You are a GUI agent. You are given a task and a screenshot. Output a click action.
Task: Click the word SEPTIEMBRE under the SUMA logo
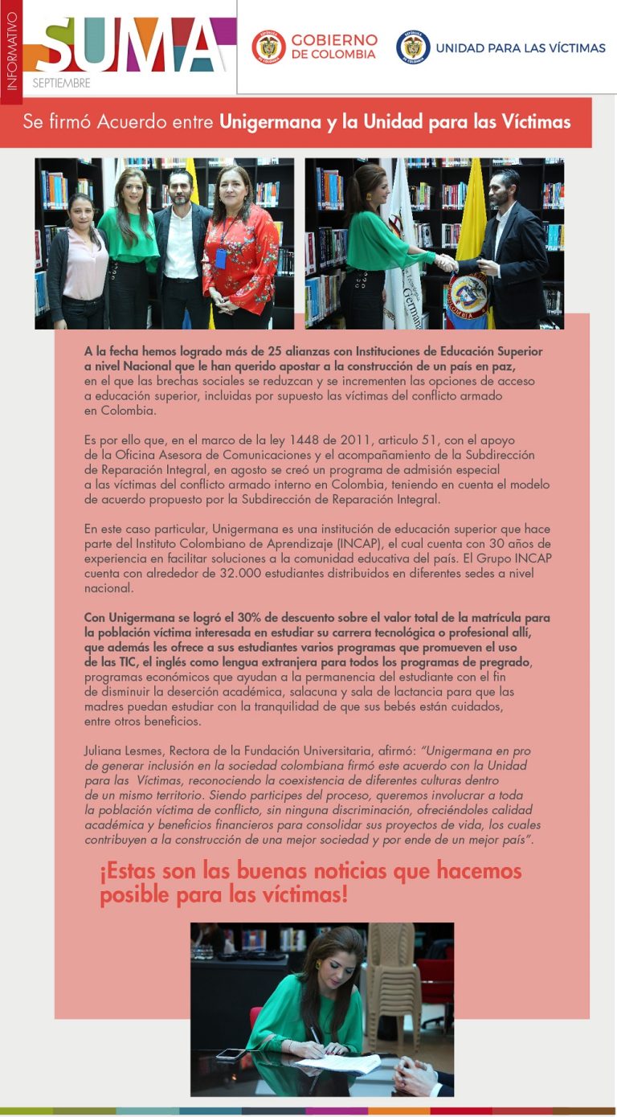[x=62, y=83]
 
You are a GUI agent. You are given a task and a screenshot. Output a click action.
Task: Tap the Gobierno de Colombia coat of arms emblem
[x=268, y=47]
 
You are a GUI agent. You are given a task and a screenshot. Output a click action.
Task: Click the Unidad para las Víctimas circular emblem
[x=413, y=47]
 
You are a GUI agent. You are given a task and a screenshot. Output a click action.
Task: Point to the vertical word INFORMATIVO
[x=11, y=50]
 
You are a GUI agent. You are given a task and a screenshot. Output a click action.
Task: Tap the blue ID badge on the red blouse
[x=221, y=258]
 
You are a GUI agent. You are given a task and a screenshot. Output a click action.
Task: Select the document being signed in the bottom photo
[x=338, y=1064]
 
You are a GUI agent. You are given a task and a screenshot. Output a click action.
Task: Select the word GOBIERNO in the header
[x=334, y=39]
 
